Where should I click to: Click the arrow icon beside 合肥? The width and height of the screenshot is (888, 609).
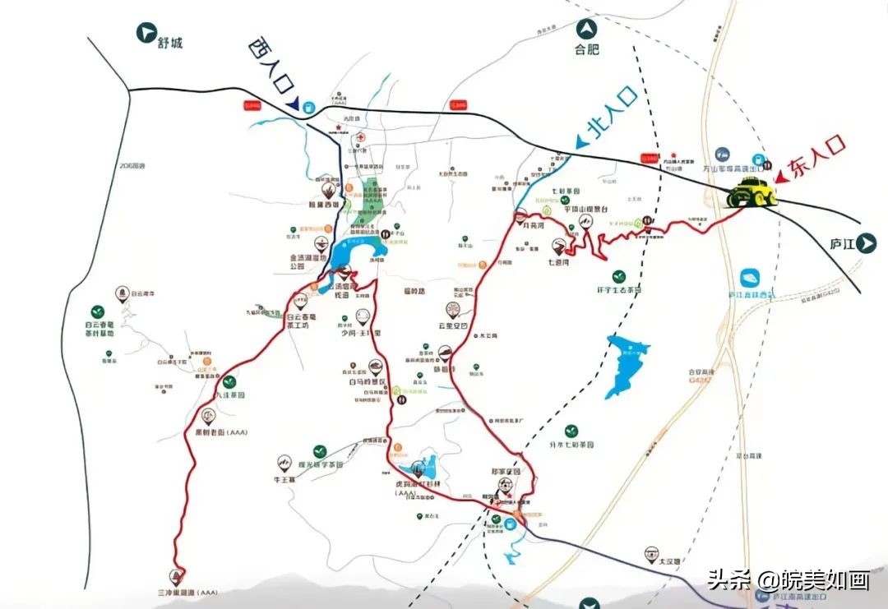587,32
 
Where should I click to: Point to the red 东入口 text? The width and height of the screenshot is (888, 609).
815,157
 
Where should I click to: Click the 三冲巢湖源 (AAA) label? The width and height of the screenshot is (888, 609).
187,592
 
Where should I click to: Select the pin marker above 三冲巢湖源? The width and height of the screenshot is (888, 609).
175,575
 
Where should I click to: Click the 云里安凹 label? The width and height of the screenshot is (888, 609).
451,326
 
